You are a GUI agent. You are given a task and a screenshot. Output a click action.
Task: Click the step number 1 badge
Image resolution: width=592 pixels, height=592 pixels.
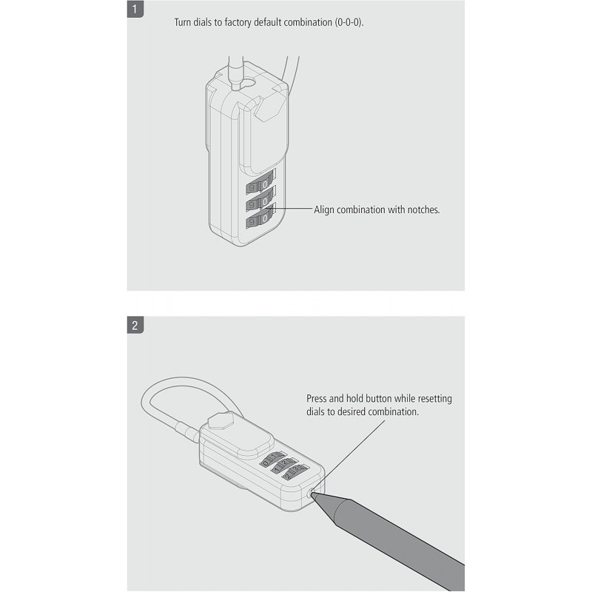(x=135, y=9)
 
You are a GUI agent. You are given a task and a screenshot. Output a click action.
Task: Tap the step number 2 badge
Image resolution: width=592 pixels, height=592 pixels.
(x=135, y=325)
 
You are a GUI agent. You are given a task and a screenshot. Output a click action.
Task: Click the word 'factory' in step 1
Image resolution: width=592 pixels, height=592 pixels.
(x=238, y=22)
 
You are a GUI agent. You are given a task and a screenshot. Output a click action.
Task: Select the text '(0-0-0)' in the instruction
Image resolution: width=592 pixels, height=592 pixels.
(x=349, y=22)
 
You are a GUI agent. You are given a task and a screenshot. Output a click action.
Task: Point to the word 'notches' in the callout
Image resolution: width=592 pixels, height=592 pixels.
(x=423, y=209)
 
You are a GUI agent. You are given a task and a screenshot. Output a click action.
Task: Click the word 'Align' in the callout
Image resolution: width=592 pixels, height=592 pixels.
(x=324, y=210)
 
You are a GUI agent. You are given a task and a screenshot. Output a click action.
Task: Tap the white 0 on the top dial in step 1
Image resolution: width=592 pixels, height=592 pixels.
(x=265, y=184)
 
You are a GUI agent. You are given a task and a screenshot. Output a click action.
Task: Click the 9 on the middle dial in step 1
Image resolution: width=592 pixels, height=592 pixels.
(x=251, y=205)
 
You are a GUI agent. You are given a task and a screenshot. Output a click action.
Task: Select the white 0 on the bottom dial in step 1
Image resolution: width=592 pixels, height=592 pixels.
(x=265, y=218)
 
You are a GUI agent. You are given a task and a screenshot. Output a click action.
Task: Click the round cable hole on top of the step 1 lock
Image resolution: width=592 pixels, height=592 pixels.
(x=249, y=81)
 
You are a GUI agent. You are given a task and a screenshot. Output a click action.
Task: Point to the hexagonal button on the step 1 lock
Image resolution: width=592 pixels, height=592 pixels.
(x=270, y=107)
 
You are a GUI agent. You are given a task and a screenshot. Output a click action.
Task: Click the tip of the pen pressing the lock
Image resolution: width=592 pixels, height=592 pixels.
(x=312, y=494)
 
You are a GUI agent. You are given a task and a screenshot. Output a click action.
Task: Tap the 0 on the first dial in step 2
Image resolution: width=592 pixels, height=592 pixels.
(x=266, y=463)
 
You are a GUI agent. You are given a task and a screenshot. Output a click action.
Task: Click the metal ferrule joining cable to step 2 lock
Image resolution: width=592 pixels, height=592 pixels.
(x=186, y=431)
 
